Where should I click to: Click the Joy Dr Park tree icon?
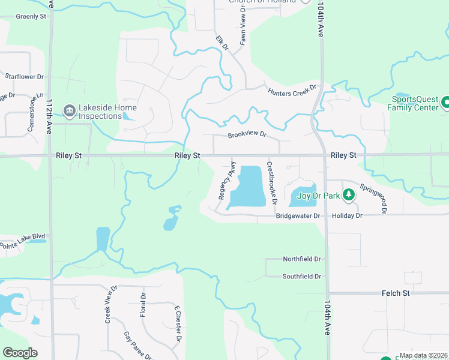click(348, 195)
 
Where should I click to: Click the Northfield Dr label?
click(302, 259)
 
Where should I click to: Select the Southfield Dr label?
click(302, 277)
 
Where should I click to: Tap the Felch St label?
click(395, 293)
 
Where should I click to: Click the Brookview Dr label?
click(246, 135)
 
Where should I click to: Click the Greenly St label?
click(31, 16)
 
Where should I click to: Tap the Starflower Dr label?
click(24, 77)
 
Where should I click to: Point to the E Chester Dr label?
click(178, 324)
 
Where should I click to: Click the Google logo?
click(20, 353)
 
